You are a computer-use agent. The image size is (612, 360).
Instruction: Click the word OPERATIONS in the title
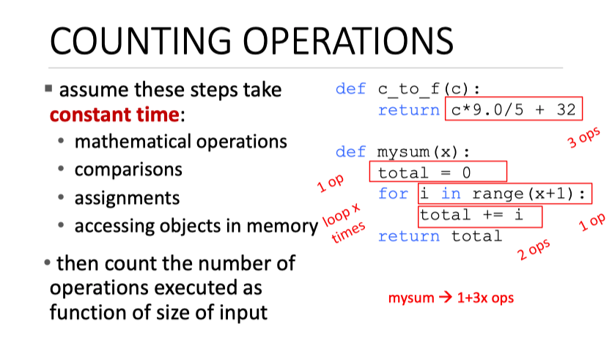coord(348,41)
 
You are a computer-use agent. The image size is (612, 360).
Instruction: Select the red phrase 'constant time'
coord(114,115)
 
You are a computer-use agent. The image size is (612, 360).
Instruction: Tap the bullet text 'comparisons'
coord(128,170)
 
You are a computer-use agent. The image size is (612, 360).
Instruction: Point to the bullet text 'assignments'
coord(128,198)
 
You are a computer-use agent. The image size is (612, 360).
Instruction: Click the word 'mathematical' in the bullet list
coord(133,142)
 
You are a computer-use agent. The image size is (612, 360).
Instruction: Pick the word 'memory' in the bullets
coord(282,227)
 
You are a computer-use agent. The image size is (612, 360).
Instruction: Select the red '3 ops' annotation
coord(584,137)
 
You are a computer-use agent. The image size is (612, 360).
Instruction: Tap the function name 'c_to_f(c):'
coord(429,89)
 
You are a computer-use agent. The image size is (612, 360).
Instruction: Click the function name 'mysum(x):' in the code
coord(424,152)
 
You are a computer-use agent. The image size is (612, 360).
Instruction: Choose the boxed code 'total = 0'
coord(424,172)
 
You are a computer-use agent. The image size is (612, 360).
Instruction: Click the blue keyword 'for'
coord(393,194)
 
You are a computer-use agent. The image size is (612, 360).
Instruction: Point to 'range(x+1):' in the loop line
coord(529,194)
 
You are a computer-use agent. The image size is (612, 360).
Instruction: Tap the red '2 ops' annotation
coord(534,249)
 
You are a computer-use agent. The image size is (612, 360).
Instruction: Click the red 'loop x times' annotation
coord(344,223)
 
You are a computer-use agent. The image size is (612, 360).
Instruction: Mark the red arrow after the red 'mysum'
coord(446,298)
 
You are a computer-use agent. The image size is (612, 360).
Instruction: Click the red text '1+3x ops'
coord(485,298)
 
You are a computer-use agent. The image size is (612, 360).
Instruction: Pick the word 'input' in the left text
coord(243,313)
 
